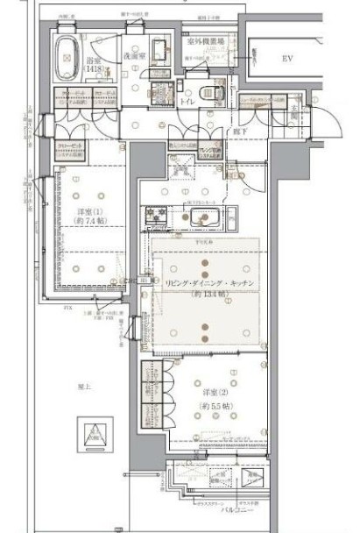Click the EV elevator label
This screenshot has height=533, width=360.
tap(286, 59)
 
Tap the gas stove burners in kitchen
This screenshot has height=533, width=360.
tap(158, 213)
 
